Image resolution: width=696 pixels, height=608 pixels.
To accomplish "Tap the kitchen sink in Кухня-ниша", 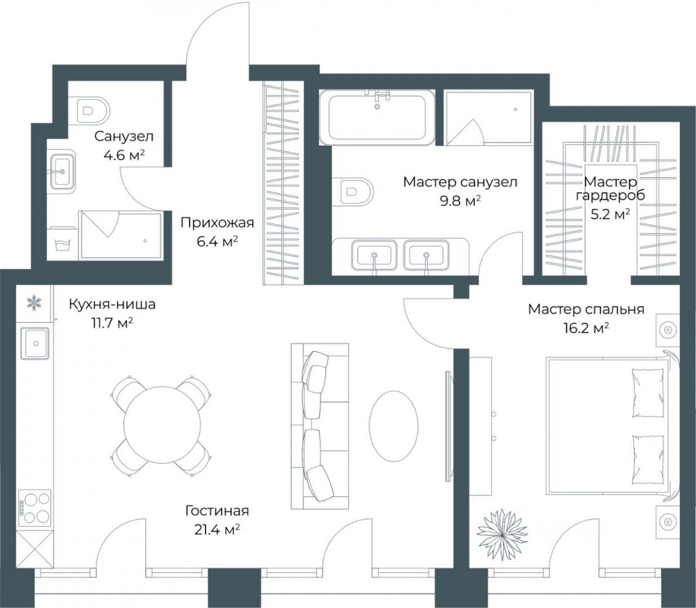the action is click(35, 343).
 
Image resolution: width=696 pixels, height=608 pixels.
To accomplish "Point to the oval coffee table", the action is click(394, 426).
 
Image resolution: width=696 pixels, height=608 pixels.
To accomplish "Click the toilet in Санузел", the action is click(89, 110).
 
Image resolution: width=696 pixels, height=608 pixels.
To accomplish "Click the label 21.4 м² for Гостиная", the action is click(217, 529).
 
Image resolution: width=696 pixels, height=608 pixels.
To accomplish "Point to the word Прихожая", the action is click(217, 223).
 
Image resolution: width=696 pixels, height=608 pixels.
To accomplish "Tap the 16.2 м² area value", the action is click(586, 328).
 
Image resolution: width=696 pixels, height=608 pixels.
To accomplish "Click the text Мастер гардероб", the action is click(610, 189).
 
